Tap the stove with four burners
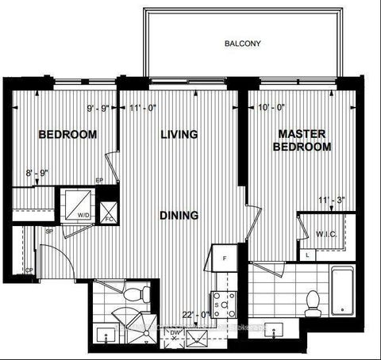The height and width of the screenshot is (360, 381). pyautogui.click(x=221, y=302)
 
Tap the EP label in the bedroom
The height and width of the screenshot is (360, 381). pyautogui.click(x=99, y=181)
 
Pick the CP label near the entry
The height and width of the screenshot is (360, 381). pyautogui.click(x=29, y=270)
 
